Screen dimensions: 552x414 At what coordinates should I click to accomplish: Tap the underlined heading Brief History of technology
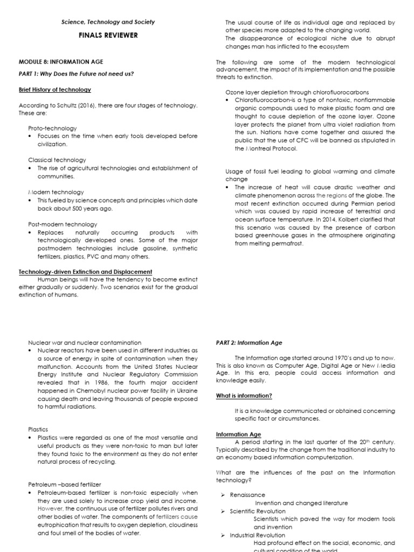point(55,89)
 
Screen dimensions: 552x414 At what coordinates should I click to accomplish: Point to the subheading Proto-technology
point(52,128)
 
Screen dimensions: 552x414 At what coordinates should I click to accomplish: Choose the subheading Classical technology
point(57,160)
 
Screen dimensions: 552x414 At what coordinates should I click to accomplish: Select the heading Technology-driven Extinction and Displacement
point(85,272)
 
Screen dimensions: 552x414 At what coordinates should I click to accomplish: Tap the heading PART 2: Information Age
point(248,342)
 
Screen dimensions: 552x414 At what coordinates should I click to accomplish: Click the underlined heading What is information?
point(244,396)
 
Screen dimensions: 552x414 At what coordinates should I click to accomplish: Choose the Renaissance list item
point(247,494)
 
